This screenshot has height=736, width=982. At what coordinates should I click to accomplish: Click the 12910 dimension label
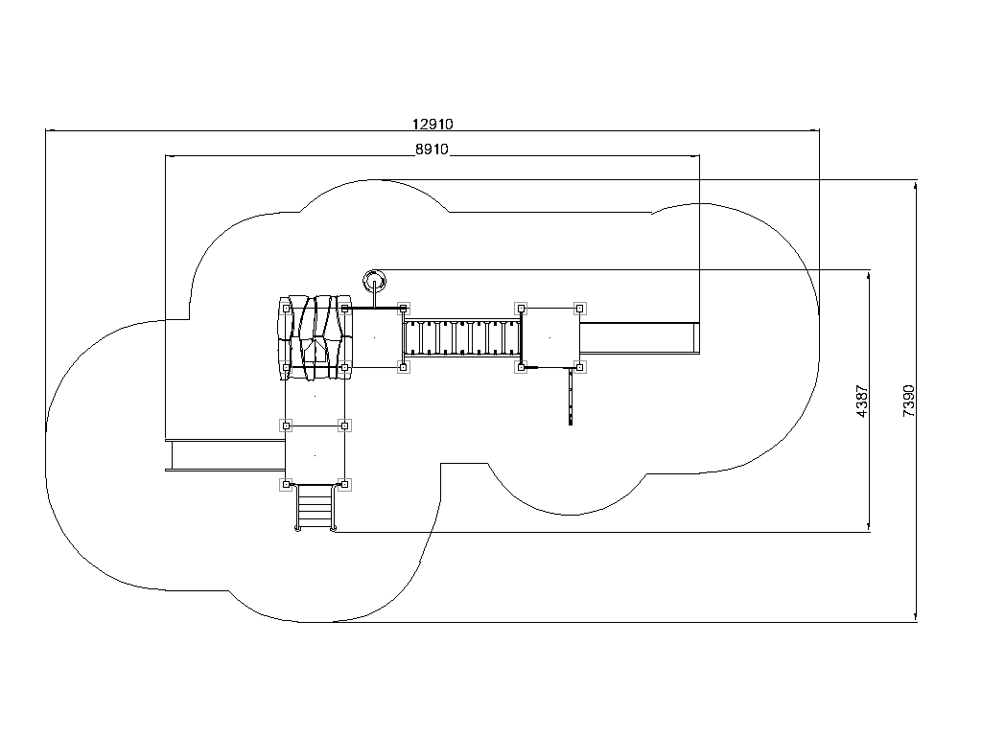[433, 124]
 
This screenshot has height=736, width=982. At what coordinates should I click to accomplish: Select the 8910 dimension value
[433, 149]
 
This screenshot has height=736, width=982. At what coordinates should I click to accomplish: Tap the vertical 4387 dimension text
[862, 402]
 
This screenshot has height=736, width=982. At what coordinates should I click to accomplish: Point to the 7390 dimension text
[909, 402]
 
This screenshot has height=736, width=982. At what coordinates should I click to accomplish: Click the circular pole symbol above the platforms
[375, 280]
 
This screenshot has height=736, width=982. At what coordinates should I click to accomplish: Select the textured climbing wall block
[315, 337]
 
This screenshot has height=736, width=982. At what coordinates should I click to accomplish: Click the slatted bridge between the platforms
[462, 338]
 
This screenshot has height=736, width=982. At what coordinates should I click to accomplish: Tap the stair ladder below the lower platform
[315, 507]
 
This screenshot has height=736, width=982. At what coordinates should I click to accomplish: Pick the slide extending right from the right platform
[640, 338]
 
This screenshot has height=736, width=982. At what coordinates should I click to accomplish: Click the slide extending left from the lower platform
[225, 455]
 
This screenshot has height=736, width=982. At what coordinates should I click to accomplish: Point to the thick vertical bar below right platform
[571, 397]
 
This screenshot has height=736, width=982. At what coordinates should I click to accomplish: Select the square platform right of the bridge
[550, 338]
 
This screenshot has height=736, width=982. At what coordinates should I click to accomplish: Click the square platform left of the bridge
[374, 338]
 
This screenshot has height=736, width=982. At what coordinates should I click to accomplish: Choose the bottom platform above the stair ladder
[315, 455]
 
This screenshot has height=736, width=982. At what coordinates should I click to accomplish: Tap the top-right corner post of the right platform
[580, 308]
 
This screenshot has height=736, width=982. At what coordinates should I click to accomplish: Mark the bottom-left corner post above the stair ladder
[286, 484]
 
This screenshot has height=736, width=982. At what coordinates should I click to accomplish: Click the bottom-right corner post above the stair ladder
[344, 484]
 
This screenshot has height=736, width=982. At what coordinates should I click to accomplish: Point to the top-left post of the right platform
[521, 308]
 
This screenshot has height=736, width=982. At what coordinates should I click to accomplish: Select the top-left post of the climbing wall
[286, 308]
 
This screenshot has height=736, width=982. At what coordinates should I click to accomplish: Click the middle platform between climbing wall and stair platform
[315, 397]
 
